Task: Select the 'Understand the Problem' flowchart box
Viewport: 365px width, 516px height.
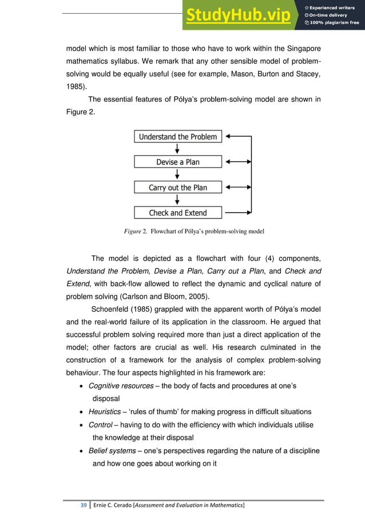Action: coord(177,137)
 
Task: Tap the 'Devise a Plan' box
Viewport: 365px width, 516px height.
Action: coord(177,162)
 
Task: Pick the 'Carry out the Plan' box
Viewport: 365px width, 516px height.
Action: coord(177,187)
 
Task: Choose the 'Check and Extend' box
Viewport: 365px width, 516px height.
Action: coord(177,213)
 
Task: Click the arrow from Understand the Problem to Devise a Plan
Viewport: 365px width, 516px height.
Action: coord(177,149)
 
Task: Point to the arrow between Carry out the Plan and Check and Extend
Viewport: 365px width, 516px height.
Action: coord(177,200)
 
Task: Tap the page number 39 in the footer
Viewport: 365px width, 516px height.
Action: coord(84,505)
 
